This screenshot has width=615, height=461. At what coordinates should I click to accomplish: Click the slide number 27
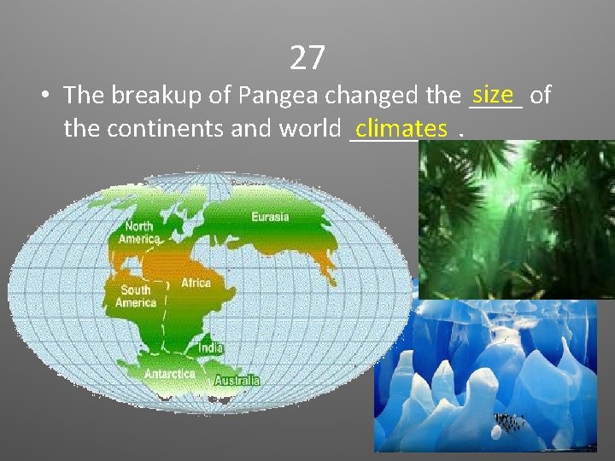307,58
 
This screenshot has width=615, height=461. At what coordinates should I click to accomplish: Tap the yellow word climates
401,129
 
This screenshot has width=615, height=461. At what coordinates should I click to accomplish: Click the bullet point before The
42,96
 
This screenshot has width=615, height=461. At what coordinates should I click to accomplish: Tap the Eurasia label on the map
270,217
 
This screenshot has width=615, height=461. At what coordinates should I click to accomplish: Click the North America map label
138,232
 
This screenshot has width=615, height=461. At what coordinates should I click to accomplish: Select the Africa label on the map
196,283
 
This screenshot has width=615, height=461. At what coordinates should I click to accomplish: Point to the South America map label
135,296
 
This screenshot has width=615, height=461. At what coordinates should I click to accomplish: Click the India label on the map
211,348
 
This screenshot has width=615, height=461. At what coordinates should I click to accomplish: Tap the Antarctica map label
169,374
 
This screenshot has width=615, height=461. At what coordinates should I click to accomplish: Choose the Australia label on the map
237,380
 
